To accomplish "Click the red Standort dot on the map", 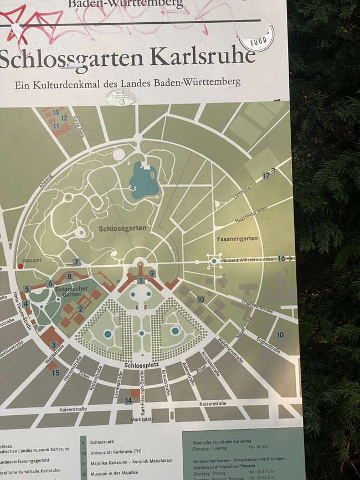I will pyautogui.click(x=20, y=266).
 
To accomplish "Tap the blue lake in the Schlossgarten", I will pyautogui.click(x=143, y=180).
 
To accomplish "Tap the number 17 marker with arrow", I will pyautogui.click(x=266, y=176).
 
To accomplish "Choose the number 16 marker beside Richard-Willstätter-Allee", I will pyautogui.click(x=281, y=259).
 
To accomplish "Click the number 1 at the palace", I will pyautogui.click(x=141, y=281).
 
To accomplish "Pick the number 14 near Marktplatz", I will pyautogui.click(x=128, y=400).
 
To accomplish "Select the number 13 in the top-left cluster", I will pyautogui.click(x=55, y=112).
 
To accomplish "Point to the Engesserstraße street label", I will pyautogui.click(x=257, y=306).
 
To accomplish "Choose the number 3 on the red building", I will pyautogui.click(x=53, y=345).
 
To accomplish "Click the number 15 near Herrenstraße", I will pyautogui.click(x=55, y=373).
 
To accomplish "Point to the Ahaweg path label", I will pyautogui.click(x=45, y=181).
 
